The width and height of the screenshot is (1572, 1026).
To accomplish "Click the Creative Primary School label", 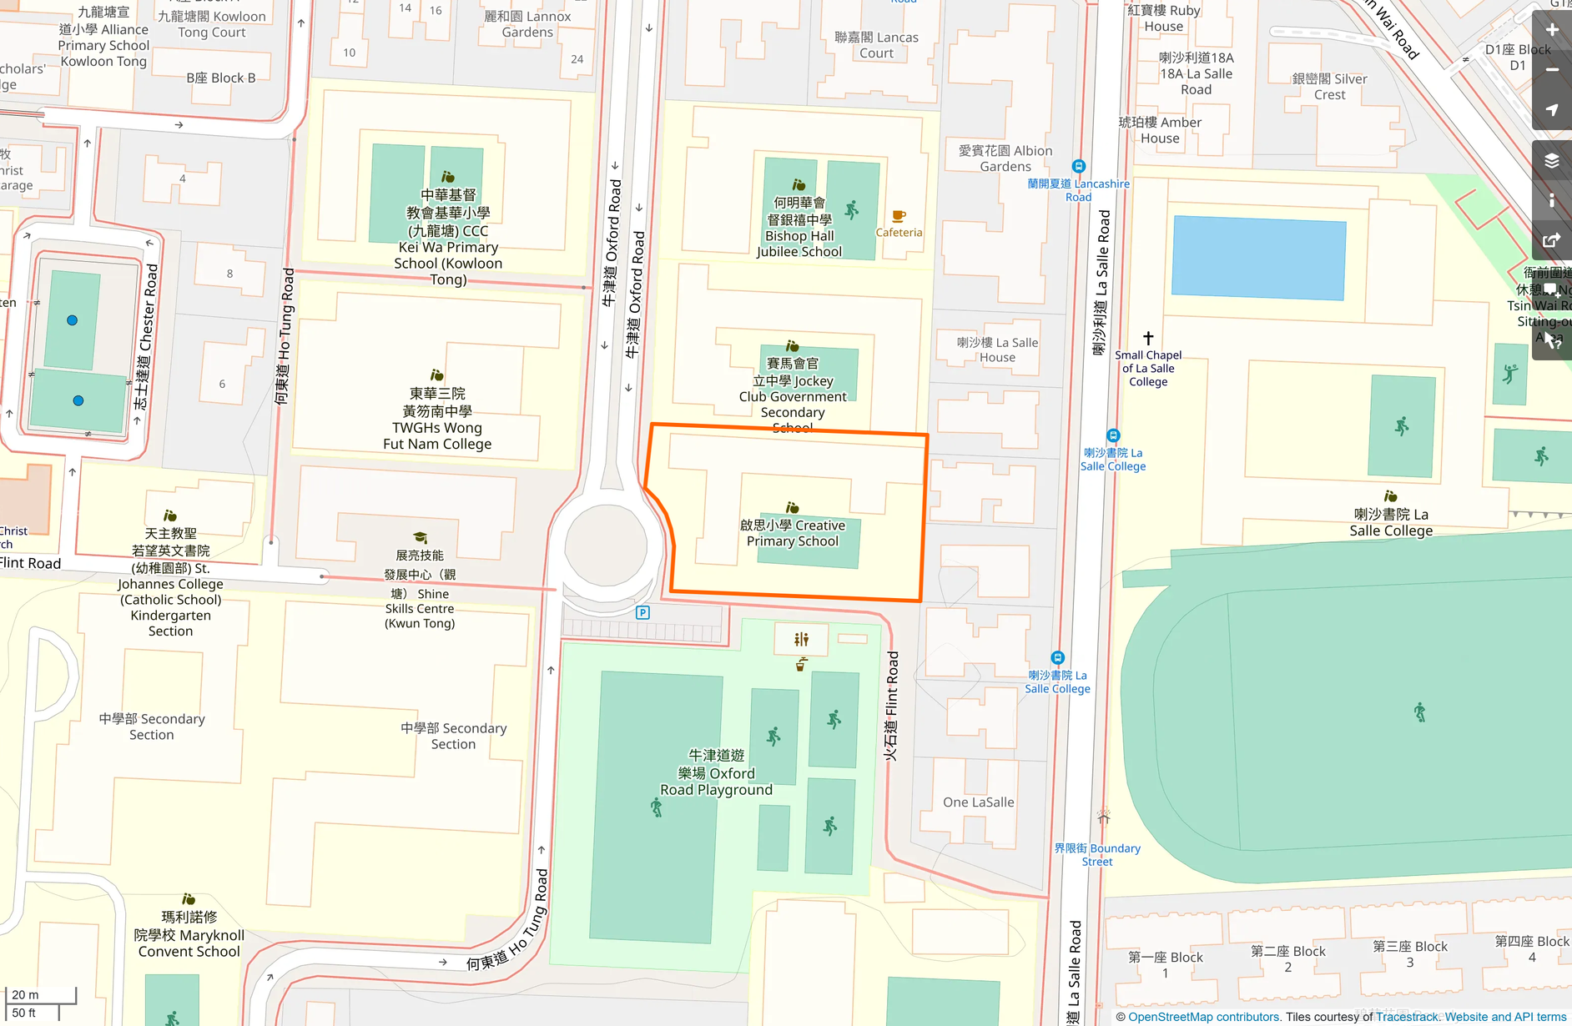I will pyautogui.click(x=793, y=533).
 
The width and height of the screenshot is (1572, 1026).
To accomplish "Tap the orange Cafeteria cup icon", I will pyautogui.click(x=899, y=216).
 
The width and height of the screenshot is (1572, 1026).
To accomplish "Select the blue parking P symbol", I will pyautogui.click(x=642, y=613).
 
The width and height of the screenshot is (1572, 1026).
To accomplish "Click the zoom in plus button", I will pyautogui.click(x=1552, y=30).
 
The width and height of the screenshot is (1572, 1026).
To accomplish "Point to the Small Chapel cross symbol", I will pyautogui.click(x=1148, y=338).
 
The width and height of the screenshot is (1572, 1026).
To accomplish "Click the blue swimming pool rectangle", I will pyautogui.click(x=1258, y=258).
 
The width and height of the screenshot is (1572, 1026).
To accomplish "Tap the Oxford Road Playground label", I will pyautogui.click(x=716, y=772).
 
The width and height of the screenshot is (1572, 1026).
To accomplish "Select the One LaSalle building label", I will pyautogui.click(x=978, y=802).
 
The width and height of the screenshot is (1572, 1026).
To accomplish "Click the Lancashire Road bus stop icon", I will pyautogui.click(x=1078, y=166).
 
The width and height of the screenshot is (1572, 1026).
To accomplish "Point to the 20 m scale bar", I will pyautogui.click(x=40, y=995).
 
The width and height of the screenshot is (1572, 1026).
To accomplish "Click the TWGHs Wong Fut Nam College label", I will pyautogui.click(x=437, y=419).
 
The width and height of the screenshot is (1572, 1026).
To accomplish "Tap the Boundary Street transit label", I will pyautogui.click(x=1096, y=854).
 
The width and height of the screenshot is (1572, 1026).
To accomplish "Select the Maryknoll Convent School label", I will pyautogui.click(x=189, y=934).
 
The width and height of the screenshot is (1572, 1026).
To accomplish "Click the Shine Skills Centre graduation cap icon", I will pyautogui.click(x=421, y=538).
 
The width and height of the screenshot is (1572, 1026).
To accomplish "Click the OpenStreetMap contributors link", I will pyautogui.click(x=1203, y=1017).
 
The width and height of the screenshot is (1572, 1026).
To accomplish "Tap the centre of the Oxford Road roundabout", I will pyautogui.click(x=606, y=546).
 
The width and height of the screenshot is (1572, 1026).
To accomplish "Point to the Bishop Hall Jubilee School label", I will pyautogui.click(x=799, y=227).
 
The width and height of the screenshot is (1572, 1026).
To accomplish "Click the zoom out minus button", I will pyautogui.click(x=1552, y=70).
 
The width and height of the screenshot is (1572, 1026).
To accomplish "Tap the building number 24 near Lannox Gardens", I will pyautogui.click(x=577, y=59).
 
